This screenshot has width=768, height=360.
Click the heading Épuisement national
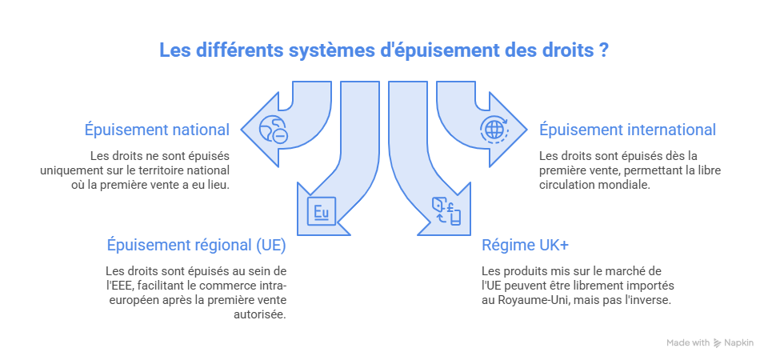(x=157, y=130)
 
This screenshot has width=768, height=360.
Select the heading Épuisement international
(x=627, y=130)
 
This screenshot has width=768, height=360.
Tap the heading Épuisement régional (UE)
(x=197, y=245)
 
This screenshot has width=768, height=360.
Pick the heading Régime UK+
(x=525, y=245)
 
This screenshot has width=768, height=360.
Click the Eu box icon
(x=322, y=211)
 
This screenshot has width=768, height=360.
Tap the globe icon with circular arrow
(x=494, y=130)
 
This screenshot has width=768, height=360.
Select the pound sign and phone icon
(x=446, y=211)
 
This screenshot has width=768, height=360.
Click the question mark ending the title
(x=604, y=50)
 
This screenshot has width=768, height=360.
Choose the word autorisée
(x=259, y=314)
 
